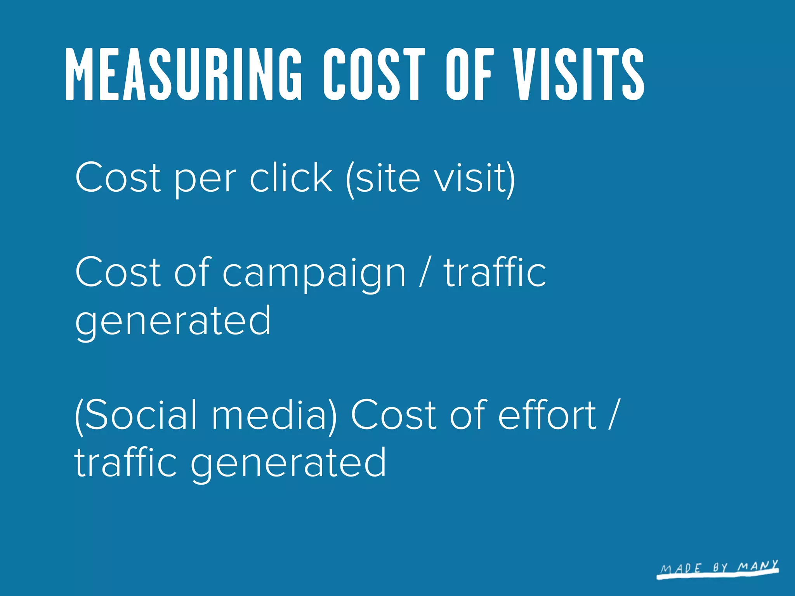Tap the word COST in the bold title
tap(374, 74)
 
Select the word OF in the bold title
tap(470, 74)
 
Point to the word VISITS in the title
tap(579, 74)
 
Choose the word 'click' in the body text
tap(291, 177)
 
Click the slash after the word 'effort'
tap(612, 414)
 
